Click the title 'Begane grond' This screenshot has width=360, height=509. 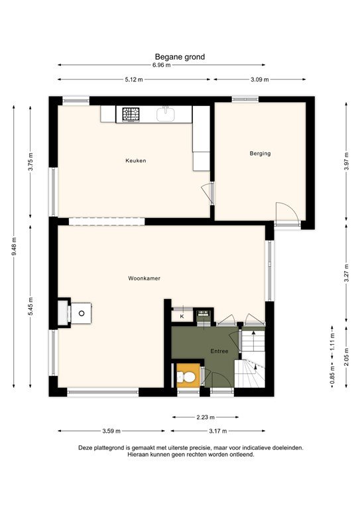point(180,57)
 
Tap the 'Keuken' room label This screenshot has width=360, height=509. point(136,160)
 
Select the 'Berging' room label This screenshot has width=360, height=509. point(260,153)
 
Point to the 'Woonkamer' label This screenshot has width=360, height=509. point(145,279)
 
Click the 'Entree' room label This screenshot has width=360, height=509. point(220,351)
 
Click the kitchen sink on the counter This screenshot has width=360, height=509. point(166,115)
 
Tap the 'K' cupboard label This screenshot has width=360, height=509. point(182,317)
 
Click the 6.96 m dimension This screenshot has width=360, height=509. point(161,66)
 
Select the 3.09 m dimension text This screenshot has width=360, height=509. point(261,80)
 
